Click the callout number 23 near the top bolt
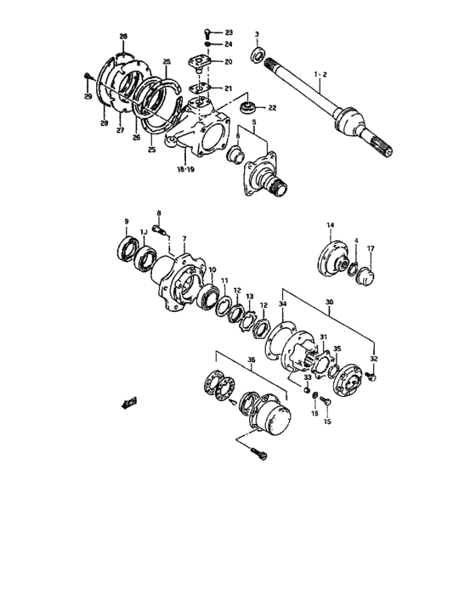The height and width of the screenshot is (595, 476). coord(229,32)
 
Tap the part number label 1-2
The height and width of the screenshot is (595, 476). coord(320,75)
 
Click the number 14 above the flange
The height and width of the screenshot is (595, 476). coord(331,225)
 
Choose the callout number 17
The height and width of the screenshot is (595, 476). coord(370,249)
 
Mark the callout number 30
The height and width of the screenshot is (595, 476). coord(330,301)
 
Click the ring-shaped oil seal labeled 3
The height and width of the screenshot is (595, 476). coord(256,56)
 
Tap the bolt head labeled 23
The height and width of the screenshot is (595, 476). coord(207,32)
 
